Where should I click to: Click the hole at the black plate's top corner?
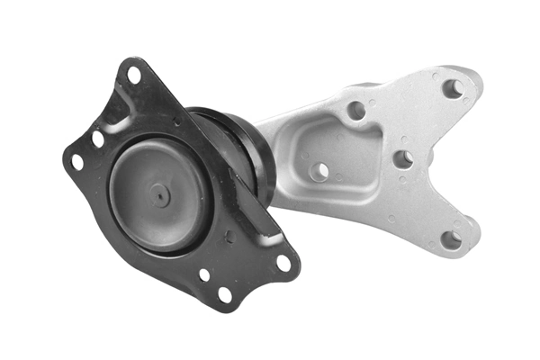[x=134, y=76]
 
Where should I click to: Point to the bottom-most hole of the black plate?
[x=224, y=293]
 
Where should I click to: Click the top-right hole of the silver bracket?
[x=453, y=88]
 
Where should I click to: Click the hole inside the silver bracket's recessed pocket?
[x=319, y=170]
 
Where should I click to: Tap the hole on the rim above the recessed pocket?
[x=356, y=111]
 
